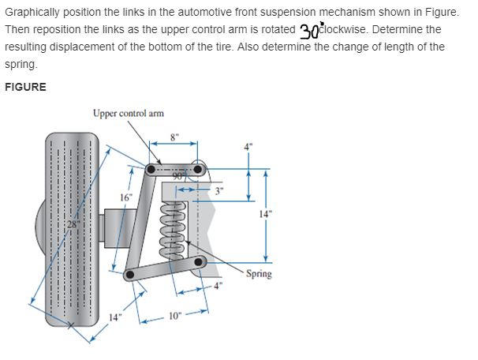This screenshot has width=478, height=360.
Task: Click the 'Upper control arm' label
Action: pyautogui.click(x=128, y=113)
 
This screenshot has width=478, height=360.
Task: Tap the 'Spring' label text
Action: pyautogui.click(x=259, y=274)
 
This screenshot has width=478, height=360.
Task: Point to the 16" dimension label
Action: pyautogui.click(x=125, y=196)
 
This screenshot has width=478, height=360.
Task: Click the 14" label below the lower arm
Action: pyautogui.click(x=116, y=317)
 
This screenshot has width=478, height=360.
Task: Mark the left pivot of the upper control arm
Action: pyautogui.click(x=151, y=168)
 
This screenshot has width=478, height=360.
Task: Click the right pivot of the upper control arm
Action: pyautogui.click(x=198, y=168)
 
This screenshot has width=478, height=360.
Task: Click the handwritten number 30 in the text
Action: pyautogui.click(x=309, y=30)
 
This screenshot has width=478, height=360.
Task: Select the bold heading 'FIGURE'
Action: pyautogui.click(x=25, y=87)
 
